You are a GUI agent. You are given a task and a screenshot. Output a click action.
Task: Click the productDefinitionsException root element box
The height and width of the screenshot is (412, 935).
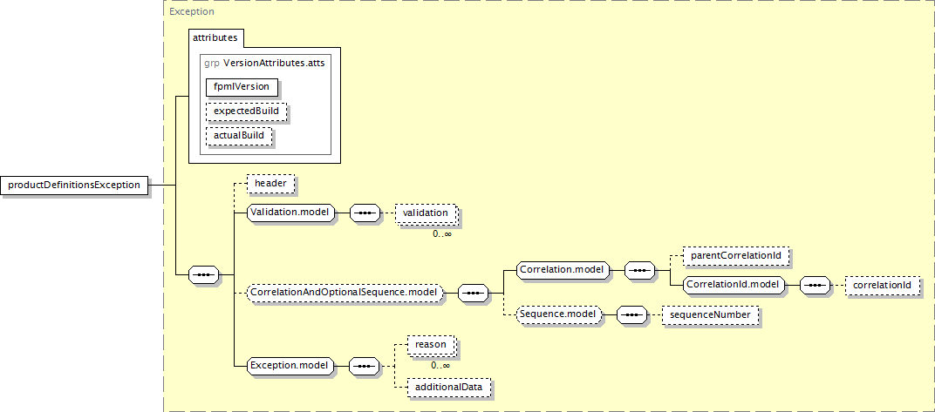coord(74,186)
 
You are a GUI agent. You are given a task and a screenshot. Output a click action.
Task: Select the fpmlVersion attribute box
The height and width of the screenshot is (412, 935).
coord(242,87)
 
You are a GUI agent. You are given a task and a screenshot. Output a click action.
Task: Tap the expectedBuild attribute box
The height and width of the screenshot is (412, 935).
coord(246,111)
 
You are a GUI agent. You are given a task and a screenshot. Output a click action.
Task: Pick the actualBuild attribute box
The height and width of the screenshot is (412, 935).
coord(238,135)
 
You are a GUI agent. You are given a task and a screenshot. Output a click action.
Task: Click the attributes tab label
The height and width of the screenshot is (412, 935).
coord(215,37)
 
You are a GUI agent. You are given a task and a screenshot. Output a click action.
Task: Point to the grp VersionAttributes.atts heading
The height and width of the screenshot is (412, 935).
coord(264,63)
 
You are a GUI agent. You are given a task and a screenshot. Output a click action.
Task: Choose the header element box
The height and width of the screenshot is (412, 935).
coord(270,184)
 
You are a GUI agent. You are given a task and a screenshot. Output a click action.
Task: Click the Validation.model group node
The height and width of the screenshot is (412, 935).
coord(291,212)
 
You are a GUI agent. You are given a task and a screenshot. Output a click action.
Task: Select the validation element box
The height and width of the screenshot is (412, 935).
coord(425,213)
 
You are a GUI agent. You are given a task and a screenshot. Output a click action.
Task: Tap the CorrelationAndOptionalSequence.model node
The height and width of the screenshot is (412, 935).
coord(346,293)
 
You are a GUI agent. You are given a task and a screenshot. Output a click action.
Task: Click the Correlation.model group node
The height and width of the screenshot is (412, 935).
coord(563,270)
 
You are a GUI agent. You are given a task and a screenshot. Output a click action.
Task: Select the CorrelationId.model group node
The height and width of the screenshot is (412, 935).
coord(733,285)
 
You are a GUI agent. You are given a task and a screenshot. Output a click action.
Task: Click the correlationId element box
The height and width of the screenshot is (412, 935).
coord(882,285)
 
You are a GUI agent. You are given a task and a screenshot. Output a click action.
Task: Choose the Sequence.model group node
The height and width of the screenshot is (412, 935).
coord(559,314)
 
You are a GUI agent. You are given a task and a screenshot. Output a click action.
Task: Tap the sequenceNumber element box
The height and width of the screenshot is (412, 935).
coord(710,314)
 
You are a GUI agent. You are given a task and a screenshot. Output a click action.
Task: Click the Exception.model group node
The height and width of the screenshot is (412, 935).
coord(290,366)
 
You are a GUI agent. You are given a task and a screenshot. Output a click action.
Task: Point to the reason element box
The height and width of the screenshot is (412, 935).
coord(431,345)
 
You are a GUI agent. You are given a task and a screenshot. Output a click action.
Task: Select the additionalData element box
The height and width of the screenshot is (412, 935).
coord(449,387)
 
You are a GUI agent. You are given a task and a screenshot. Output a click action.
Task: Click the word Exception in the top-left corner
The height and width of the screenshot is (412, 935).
coord(191,11)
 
